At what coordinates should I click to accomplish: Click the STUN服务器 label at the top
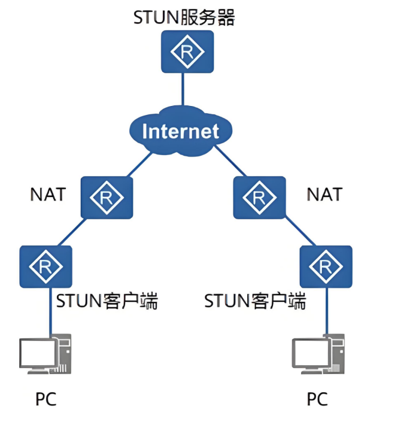click(x=184, y=17)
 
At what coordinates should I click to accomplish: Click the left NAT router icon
click(x=107, y=196)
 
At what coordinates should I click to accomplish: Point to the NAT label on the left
click(x=47, y=195)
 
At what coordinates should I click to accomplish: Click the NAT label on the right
click(x=324, y=195)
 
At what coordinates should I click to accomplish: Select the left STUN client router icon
click(x=45, y=265)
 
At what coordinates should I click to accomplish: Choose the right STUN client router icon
click(x=326, y=266)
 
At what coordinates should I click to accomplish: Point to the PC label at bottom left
click(x=45, y=399)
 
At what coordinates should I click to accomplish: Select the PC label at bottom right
click(x=317, y=399)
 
